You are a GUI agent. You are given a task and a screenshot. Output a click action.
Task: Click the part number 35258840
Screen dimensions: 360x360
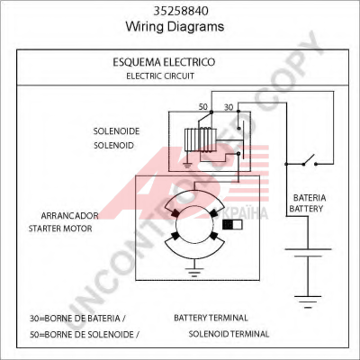pyautogui.click(x=181, y=11)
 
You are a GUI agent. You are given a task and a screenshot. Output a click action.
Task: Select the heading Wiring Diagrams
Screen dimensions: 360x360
pyautogui.click(x=175, y=26)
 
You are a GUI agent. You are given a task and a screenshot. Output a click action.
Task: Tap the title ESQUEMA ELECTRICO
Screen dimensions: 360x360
pyautogui.click(x=164, y=62)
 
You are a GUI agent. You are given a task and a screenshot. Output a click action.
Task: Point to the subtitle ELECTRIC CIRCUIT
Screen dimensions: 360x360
pyautogui.click(x=160, y=76)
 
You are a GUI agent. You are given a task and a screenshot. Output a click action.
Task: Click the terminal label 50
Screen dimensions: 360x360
pyautogui.click(x=203, y=107)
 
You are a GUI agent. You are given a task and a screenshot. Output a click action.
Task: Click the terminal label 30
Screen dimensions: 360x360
pyautogui.click(x=229, y=107)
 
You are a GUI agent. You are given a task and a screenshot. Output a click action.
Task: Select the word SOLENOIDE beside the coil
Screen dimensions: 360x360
pyautogui.click(x=116, y=131)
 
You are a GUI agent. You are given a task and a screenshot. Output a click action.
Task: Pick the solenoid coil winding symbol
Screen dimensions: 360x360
pyautogui.click(x=200, y=140)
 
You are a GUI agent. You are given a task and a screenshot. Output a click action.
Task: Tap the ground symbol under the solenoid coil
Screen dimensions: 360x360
pyautogui.click(x=187, y=165)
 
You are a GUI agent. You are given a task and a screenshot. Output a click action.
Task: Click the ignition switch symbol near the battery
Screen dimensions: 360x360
pyautogui.click(x=310, y=160)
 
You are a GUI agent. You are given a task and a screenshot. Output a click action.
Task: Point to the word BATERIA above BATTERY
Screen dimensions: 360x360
pyautogui.click(x=310, y=198)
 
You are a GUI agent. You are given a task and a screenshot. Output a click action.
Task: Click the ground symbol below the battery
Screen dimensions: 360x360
pyautogui.click(x=308, y=301)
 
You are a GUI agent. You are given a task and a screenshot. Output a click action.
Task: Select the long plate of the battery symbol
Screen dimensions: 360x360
pyautogui.click(x=308, y=249)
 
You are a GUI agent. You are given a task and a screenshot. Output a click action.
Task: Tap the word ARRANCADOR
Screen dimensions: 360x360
pyautogui.click(x=69, y=216)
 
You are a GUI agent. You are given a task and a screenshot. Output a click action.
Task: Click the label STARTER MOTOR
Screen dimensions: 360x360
pyautogui.click(x=60, y=229)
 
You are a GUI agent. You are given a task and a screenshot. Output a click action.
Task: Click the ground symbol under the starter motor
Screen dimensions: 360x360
pyautogui.click(x=194, y=273)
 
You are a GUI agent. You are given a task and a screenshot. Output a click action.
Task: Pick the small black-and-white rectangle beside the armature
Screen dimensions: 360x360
pyautogui.click(x=232, y=225)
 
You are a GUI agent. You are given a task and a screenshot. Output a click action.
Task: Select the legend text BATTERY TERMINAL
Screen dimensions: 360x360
pyautogui.click(x=211, y=318)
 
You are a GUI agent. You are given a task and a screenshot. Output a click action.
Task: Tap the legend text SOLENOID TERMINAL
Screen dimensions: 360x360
pyautogui.click(x=229, y=334)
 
